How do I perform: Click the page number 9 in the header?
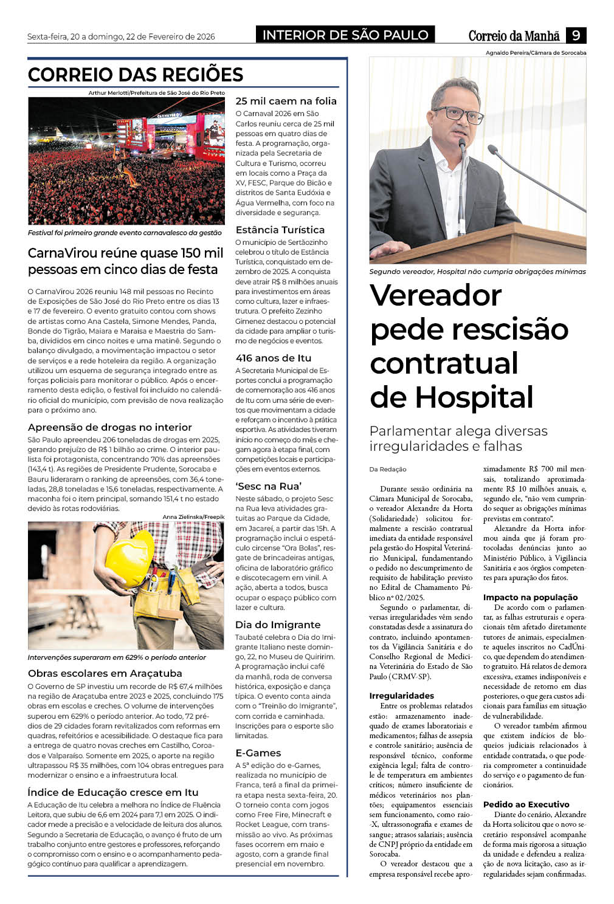575,35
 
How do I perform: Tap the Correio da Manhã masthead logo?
514,36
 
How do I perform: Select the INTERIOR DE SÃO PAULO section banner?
345,35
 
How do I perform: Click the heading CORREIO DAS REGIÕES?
136,75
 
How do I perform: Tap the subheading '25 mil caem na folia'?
286,101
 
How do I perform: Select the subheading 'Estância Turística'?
280,230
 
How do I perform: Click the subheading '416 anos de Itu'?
273,358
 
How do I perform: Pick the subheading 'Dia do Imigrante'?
278,625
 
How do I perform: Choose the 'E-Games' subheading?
258,753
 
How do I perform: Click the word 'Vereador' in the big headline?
435,295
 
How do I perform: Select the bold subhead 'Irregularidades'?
401,696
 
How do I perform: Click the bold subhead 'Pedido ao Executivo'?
526,804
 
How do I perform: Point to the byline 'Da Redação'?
388,469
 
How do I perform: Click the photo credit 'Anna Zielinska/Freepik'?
193,516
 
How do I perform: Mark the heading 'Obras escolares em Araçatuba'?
105,673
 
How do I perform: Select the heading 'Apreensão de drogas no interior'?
109,427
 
